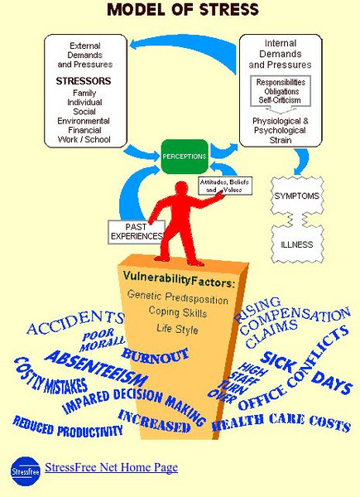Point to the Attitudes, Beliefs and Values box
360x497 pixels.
[x=224, y=185]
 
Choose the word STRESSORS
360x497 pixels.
[x=79, y=82]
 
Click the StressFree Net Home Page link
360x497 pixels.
[x=112, y=468]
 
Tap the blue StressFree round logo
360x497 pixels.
[x=24, y=470]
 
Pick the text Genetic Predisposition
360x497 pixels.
[x=180, y=295]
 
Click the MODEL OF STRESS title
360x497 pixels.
[x=181, y=11]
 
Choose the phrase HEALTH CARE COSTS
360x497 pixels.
[x=281, y=424]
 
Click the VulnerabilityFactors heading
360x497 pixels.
[x=179, y=277]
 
